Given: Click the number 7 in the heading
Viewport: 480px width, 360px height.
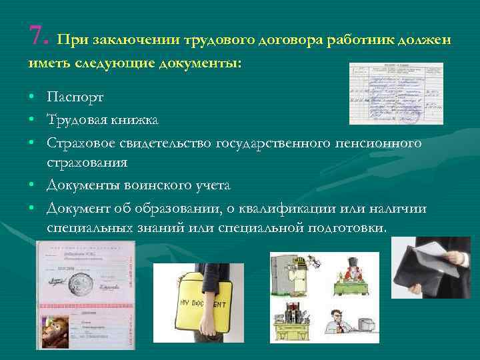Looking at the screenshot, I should (x=37, y=35).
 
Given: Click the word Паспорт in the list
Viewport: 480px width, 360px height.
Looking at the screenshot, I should (x=75, y=97).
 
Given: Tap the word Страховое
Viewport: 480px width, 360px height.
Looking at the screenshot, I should (x=81, y=143).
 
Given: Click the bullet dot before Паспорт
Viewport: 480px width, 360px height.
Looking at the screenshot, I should (x=32, y=98).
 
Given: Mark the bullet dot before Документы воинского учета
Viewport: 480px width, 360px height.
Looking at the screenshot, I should (x=32, y=185).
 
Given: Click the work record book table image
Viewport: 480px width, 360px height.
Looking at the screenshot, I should (x=396, y=93).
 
